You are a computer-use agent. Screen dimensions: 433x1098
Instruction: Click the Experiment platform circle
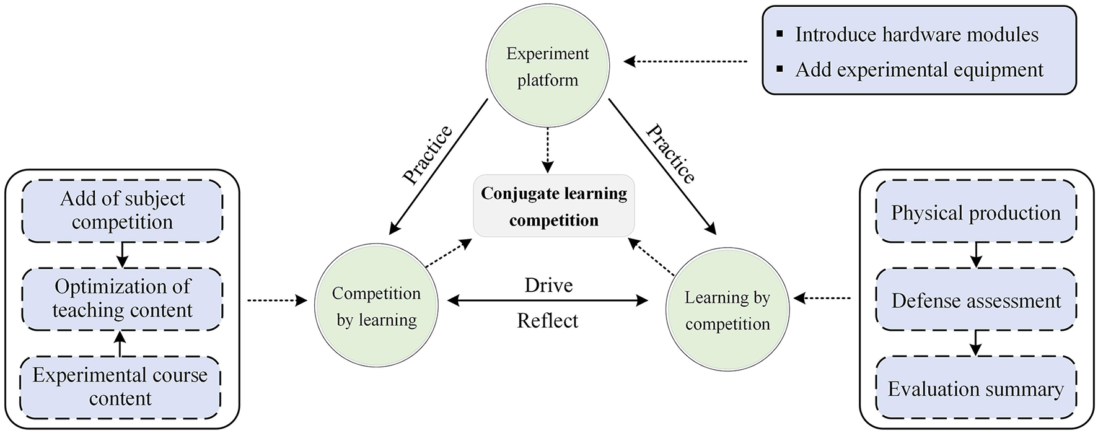click(x=547, y=67)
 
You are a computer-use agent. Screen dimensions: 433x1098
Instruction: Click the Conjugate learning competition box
click(x=554, y=206)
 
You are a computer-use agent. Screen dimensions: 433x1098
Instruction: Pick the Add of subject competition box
click(x=122, y=211)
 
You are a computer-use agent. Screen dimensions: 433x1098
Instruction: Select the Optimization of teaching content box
click(x=122, y=299)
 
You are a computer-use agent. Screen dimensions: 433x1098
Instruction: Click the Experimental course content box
click(x=120, y=387)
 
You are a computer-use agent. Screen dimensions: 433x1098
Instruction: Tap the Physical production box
click(x=975, y=213)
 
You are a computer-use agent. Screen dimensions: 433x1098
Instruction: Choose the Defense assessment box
click(x=975, y=301)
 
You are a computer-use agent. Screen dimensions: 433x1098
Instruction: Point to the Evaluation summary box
click(x=975, y=389)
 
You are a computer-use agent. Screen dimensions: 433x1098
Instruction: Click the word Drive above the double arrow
click(x=548, y=285)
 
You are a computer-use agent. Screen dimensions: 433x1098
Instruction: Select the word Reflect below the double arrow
click(x=548, y=321)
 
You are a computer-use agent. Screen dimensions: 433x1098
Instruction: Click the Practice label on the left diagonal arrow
click(x=428, y=155)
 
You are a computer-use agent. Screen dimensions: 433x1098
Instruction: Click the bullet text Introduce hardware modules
click(x=916, y=34)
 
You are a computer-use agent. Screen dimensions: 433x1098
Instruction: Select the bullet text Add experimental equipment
click(x=919, y=69)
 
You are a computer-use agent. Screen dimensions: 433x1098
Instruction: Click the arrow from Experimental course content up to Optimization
click(x=121, y=343)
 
